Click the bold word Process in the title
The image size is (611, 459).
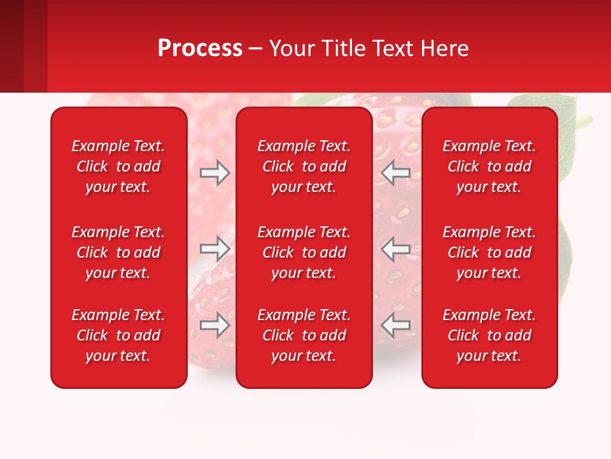[200, 48]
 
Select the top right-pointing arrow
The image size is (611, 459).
[214, 173]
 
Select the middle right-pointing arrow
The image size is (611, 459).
[214, 247]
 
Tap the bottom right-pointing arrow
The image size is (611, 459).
[214, 325]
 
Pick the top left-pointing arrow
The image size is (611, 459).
[396, 173]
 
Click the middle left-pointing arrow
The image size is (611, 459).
[396, 247]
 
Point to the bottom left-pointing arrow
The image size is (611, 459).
[396, 325]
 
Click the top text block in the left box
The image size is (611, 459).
[118, 166]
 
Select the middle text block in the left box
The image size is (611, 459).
[118, 252]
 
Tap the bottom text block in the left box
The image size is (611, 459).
[118, 335]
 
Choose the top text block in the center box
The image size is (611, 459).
[304, 166]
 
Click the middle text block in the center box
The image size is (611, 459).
[304, 252]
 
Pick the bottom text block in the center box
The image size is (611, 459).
[304, 335]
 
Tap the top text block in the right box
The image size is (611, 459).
[489, 166]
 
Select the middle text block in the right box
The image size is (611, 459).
[489, 252]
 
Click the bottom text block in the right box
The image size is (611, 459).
[489, 335]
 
